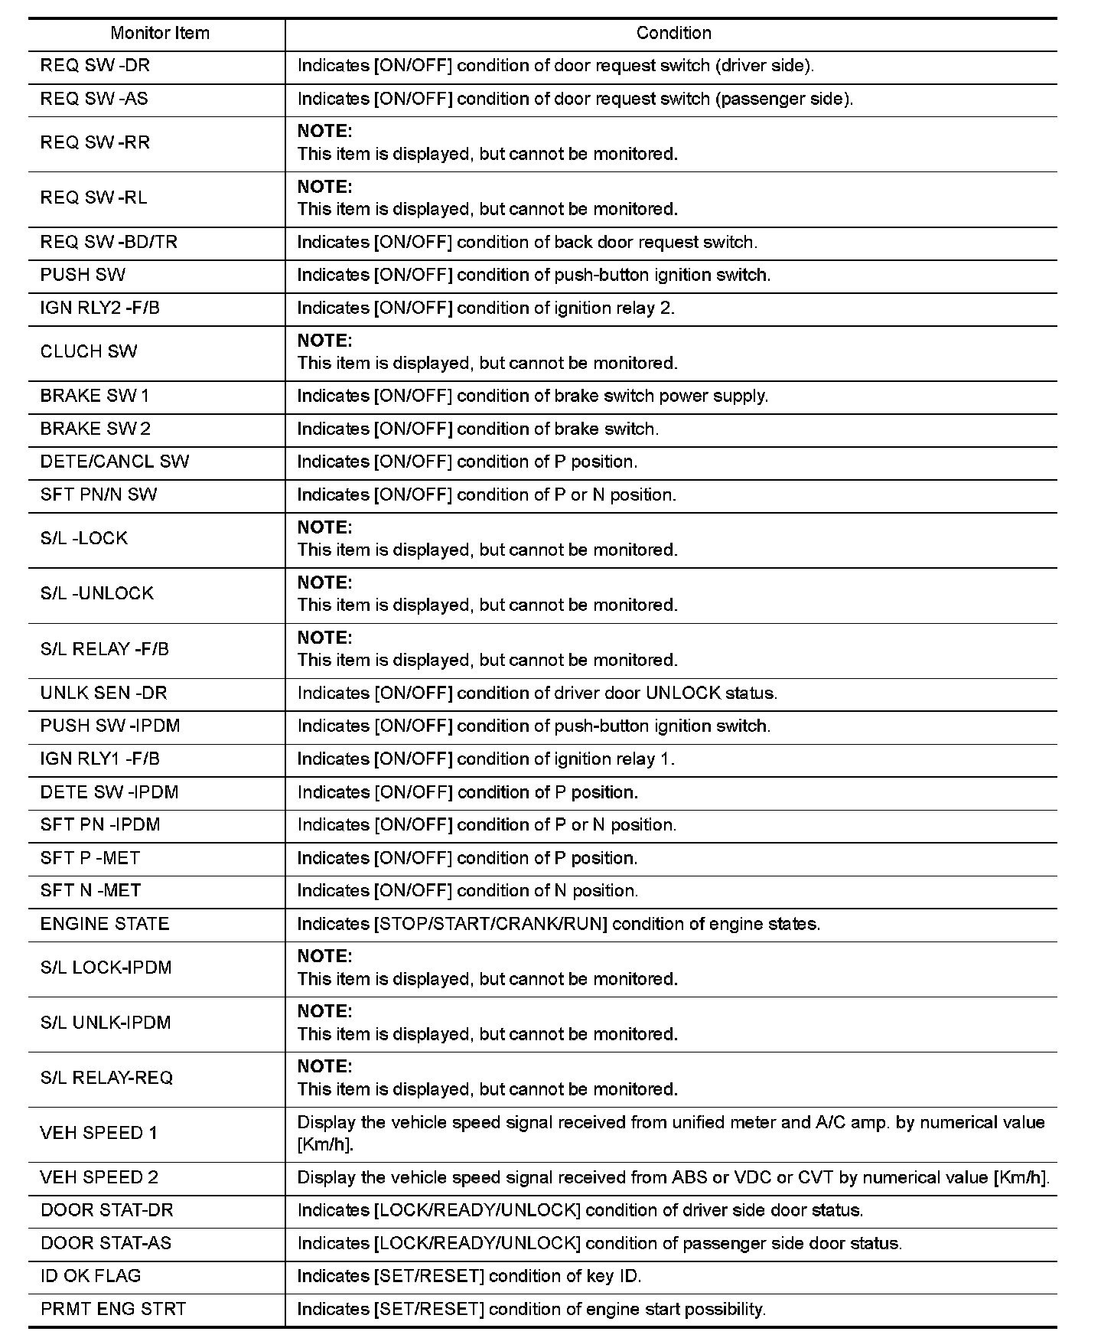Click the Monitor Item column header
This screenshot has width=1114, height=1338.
[159, 33]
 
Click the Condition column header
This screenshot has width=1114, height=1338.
[673, 33]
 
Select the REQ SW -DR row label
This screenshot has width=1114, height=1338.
[95, 66]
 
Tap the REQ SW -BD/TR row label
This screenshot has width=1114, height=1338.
[109, 242]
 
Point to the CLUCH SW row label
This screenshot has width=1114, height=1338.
[89, 351]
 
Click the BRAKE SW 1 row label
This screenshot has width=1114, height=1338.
[95, 396]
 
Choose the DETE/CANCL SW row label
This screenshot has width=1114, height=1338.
[115, 462]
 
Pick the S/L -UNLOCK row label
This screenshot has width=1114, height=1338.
[97, 593]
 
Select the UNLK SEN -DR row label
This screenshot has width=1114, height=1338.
[103, 693]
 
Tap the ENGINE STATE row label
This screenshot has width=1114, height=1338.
[105, 924]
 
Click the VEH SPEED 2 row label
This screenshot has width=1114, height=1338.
[99, 1177]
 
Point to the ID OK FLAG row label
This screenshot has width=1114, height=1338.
[90, 1276]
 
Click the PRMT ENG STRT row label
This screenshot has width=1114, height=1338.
[113, 1309]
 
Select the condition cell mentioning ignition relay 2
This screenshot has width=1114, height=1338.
[486, 308]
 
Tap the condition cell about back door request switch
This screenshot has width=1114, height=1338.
[527, 242]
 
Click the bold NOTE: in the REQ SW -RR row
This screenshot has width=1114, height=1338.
[324, 131]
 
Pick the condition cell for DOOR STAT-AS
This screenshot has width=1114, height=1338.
[600, 1243]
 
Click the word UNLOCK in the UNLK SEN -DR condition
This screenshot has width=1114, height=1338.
[683, 693]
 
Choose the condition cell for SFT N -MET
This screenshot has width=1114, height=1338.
[467, 891]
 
